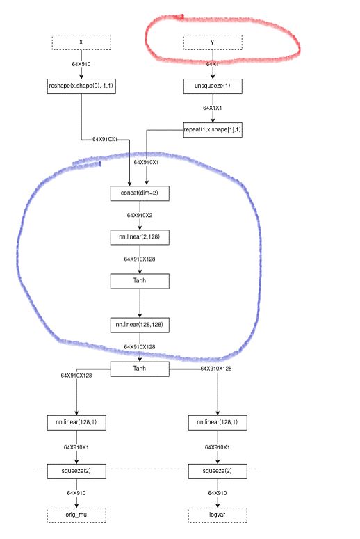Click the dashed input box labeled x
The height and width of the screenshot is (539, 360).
point(81,42)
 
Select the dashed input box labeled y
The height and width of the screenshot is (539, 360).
point(213,42)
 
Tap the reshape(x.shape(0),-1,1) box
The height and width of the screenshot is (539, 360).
point(81,86)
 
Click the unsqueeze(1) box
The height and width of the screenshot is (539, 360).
point(213,86)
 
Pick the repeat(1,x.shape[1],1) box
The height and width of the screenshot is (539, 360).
point(213,130)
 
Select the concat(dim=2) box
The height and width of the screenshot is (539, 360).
point(140,193)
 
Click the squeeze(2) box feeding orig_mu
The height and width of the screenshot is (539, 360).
point(76,471)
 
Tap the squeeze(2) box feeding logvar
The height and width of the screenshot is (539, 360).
point(218,471)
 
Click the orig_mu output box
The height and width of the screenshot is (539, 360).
point(76,515)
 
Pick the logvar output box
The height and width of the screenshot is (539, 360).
point(218,515)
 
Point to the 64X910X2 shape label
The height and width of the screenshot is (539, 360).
point(140,215)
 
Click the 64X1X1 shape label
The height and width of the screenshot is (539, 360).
point(213,108)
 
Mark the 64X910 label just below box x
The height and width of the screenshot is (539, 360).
point(81,64)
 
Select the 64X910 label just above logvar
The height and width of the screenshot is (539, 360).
point(218,493)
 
